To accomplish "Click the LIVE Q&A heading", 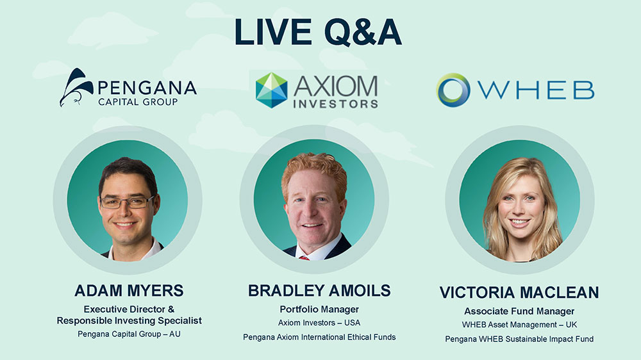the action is (318, 32).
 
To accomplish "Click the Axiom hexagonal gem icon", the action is (271, 90).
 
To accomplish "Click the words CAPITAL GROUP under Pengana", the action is (138, 102).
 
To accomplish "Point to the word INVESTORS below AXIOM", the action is (335, 104).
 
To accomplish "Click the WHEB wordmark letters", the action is (537, 90).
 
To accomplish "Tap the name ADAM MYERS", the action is (129, 291).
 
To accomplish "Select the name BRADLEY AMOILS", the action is (319, 291).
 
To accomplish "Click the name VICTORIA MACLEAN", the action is (519, 293).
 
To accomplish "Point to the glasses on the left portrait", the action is (127, 202).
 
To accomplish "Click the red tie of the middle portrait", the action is (304, 258).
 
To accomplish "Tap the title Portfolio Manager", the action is (319, 309).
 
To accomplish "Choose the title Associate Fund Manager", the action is (519, 311).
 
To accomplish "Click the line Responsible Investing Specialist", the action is (129, 321).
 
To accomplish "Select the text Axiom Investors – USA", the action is (319, 323).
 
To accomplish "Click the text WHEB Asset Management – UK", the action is (519, 325).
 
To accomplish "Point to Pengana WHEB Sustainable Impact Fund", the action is (519, 339).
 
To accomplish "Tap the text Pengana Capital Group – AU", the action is (129, 334).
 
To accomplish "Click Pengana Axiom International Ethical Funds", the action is (319, 337).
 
